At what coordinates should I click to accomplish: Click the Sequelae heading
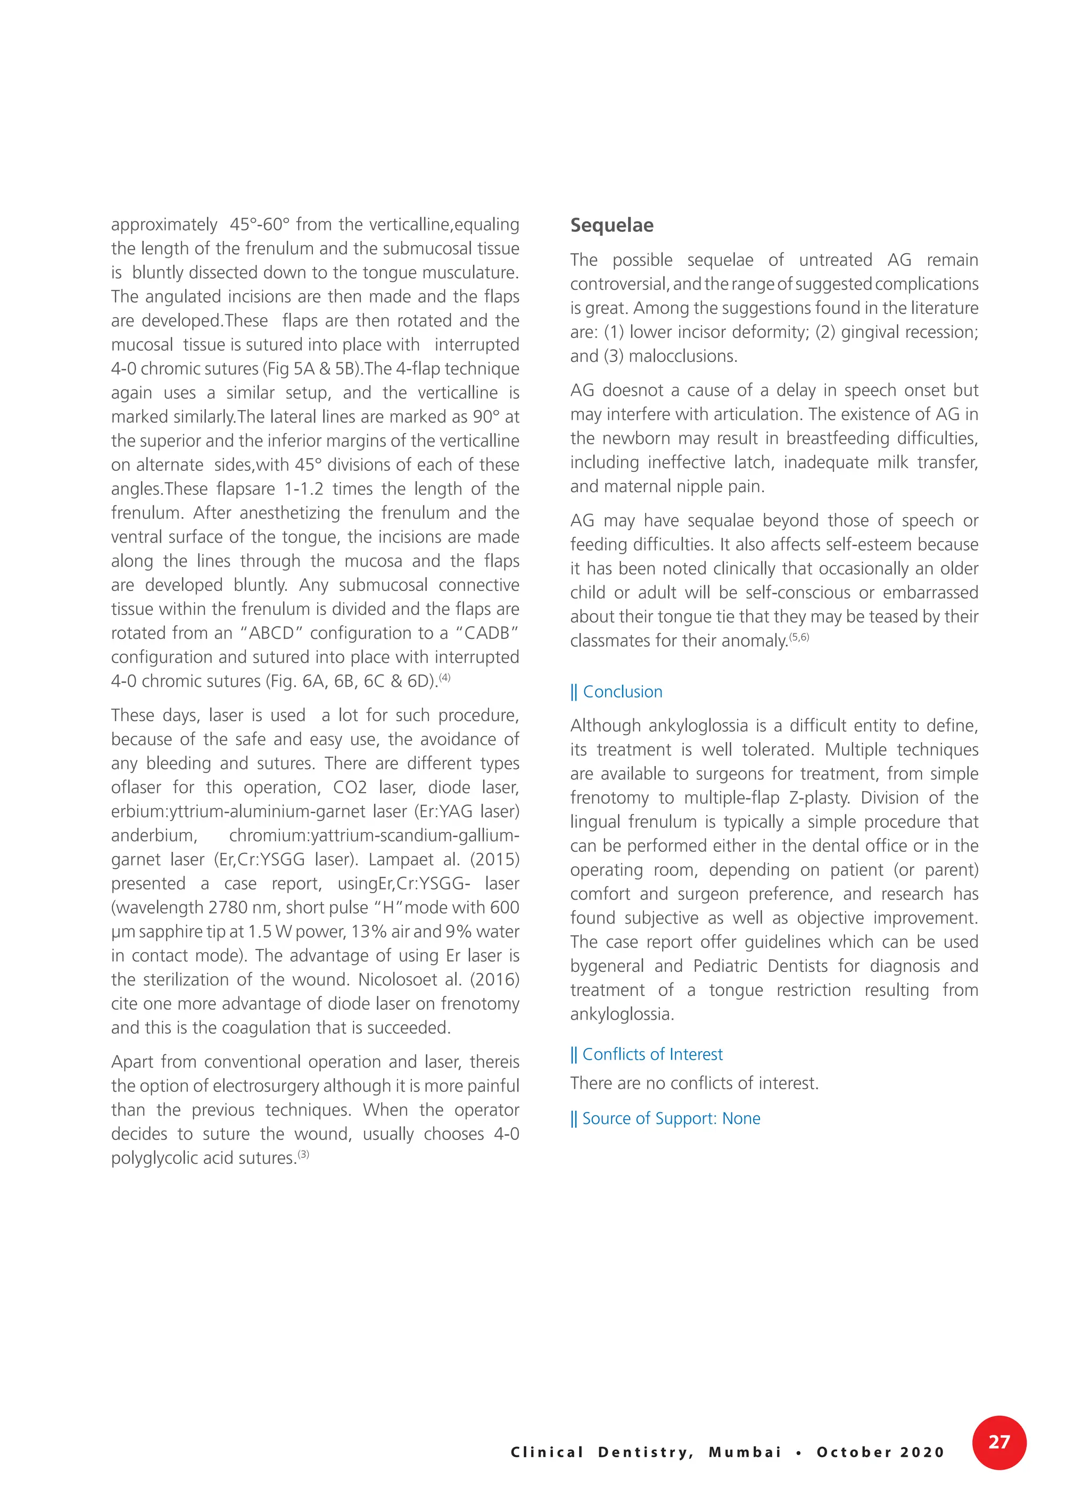pos(611,226)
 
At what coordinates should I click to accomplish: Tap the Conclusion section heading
pos(622,692)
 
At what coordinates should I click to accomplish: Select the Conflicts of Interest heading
pos(651,1054)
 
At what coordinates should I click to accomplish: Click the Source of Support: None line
pos(670,1119)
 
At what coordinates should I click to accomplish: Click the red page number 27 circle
pos(998,1442)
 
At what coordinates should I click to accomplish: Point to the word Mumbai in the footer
pos(745,1452)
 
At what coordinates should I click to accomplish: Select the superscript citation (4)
pos(444,677)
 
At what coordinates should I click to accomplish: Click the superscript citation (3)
pos(303,1154)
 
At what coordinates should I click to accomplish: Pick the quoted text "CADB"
pos(486,634)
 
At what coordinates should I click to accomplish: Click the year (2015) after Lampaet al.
pos(494,860)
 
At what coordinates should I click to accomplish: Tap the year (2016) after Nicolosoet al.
pos(494,980)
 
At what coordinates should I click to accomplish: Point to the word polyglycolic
pos(158,1159)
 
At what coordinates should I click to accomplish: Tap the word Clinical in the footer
pos(547,1452)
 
